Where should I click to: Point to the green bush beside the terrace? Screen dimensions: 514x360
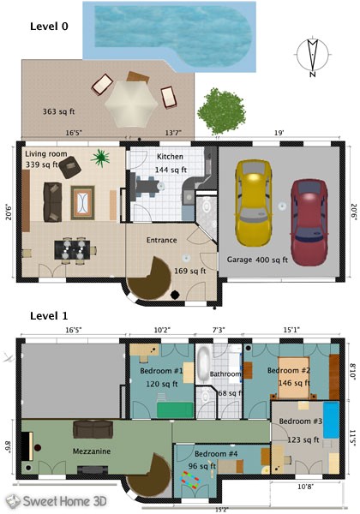pos(219,108)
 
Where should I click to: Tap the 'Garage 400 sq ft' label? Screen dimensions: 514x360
pos(259,258)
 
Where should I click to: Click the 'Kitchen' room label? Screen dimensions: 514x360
pos(170,158)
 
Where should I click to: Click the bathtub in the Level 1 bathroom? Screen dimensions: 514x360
pos(206,363)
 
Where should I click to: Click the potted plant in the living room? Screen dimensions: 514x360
pos(102,158)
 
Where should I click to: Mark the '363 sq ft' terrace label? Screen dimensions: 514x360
pos(61,111)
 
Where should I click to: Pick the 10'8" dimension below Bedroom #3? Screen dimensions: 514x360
pos(304,487)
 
